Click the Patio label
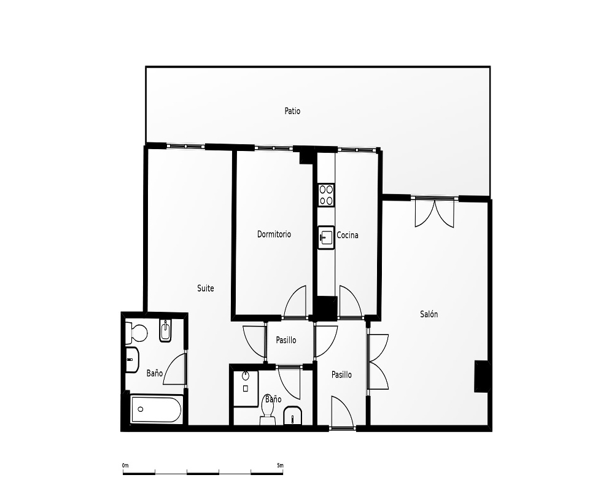(292, 111)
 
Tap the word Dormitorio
(274, 234)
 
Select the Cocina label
(348, 235)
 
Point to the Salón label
(429, 314)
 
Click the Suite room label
(206, 288)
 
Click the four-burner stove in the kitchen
(326, 195)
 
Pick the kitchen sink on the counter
(326, 238)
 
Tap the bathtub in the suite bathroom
(156, 409)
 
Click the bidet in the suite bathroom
(166, 331)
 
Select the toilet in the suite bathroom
(136, 333)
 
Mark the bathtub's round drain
(141, 409)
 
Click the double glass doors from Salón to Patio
(434, 214)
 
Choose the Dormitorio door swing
(295, 301)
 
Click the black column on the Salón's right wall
(481, 376)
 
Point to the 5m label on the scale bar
(280, 466)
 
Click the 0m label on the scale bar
(125, 466)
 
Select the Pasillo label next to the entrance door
(341, 375)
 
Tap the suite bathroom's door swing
(174, 368)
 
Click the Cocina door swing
(351, 301)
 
